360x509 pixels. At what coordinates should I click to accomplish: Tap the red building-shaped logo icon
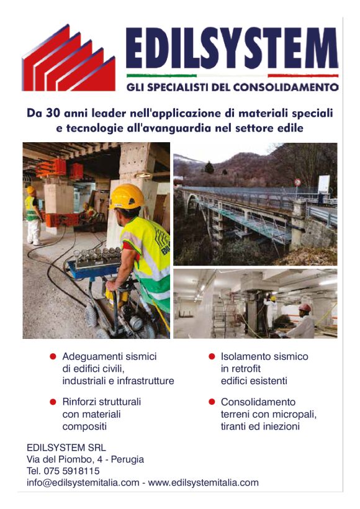point(69,61)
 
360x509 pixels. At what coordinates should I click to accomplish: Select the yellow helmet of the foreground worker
point(127,196)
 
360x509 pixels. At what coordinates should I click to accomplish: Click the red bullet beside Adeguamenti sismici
point(53,357)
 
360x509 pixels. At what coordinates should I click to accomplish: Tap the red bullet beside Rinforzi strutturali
point(53,402)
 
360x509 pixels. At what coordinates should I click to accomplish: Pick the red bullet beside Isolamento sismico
point(212,357)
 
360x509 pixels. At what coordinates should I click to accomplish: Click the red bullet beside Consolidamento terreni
point(212,402)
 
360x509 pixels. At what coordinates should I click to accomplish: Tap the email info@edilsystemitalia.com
point(83,482)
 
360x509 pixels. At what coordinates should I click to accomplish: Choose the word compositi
point(84,426)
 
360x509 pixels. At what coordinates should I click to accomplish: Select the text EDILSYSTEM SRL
point(66,448)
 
